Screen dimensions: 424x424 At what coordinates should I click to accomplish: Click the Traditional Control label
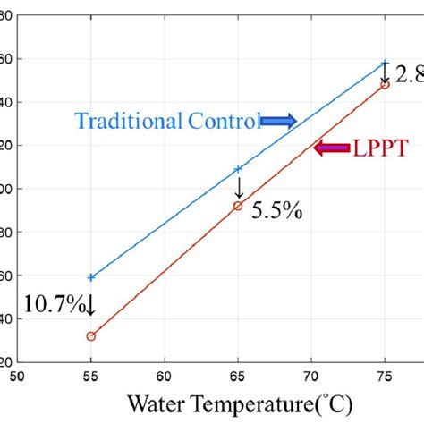pos(167,121)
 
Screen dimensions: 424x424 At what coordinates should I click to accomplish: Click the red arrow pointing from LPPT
pos(332,148)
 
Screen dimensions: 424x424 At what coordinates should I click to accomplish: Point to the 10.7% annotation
pos(44,305)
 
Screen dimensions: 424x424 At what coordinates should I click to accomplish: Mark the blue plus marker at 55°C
pos(90,277)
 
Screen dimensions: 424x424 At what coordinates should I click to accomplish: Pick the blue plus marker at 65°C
pos(238,168)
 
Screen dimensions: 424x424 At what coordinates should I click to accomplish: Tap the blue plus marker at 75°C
pos(385,64)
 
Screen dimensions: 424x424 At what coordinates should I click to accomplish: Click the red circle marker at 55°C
pos(90,336)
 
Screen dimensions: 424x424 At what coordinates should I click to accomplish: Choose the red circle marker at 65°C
pos(238,206)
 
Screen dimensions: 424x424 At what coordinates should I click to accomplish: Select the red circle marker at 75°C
pos(385,84)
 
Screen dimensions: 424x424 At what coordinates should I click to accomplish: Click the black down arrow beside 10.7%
pos(90,307)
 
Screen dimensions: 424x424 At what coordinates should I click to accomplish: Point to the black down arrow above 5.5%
pos(238,188)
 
